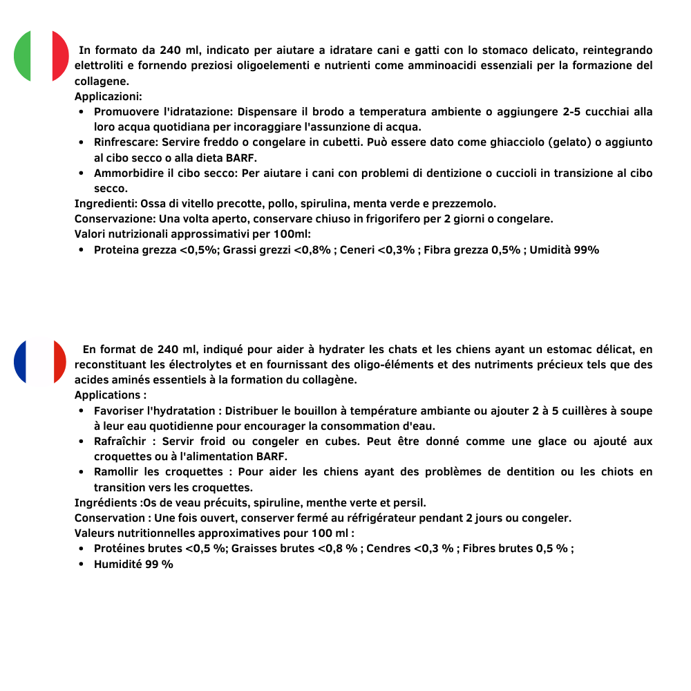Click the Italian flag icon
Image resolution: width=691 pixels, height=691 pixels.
pyautogui.click(x=41, y=56)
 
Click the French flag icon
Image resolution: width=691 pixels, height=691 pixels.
pyautogui.click(x=40, y=361)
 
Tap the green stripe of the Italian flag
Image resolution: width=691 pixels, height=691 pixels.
pyautogui.click(x=22, y=56)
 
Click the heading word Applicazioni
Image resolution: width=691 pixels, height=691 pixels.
pyautogui.click(x=108, y=97)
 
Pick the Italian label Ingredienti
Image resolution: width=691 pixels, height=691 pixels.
pyautogui.click(x=106, y=204)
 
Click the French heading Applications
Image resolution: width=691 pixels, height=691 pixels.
pyautogui.click(x=108, y=395)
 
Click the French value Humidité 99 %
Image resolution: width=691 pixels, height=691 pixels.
pyautogui.click(x=133, y=564)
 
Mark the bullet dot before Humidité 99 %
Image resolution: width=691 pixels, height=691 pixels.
pyautogui.click(x=82, y=564)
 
